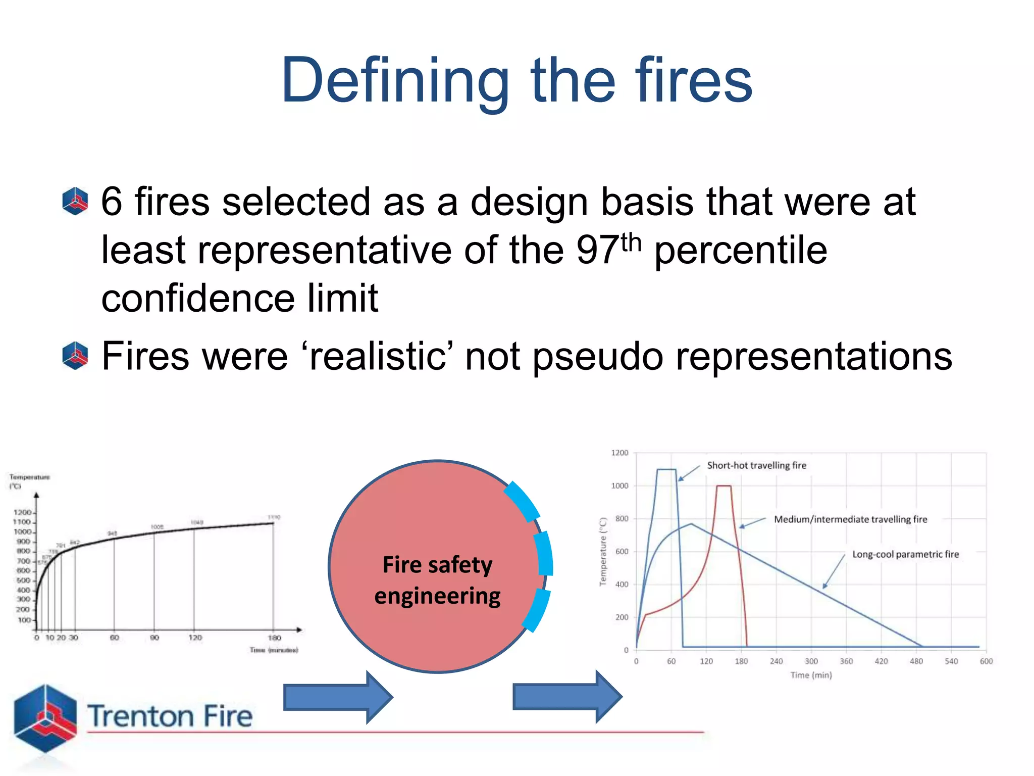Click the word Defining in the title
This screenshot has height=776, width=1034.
coord(394,81)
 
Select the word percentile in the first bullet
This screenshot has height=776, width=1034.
coord(741,250)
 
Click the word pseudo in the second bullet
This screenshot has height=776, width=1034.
coord(598,356)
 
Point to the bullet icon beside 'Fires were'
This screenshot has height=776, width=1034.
coord(75,355)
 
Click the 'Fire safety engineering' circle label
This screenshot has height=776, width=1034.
coord(437,580)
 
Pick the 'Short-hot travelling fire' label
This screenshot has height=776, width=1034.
coord(756,465)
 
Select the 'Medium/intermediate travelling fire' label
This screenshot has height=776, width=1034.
coord(850,519)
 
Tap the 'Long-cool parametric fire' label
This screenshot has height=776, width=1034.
coord(905,554)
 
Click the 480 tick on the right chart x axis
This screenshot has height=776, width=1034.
coord(916,661)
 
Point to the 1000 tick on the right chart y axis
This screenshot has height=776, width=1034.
coord(619,486)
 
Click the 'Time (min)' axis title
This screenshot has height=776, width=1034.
coord(811,675)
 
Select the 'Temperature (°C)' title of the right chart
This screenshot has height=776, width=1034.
coord(602,552)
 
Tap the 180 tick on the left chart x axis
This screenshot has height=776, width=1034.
coord(274,638)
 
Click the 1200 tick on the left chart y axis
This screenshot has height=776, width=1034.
coord(23,513)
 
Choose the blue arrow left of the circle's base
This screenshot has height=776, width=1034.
coord(338,698)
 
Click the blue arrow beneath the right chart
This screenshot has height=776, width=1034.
coord(567,697)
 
